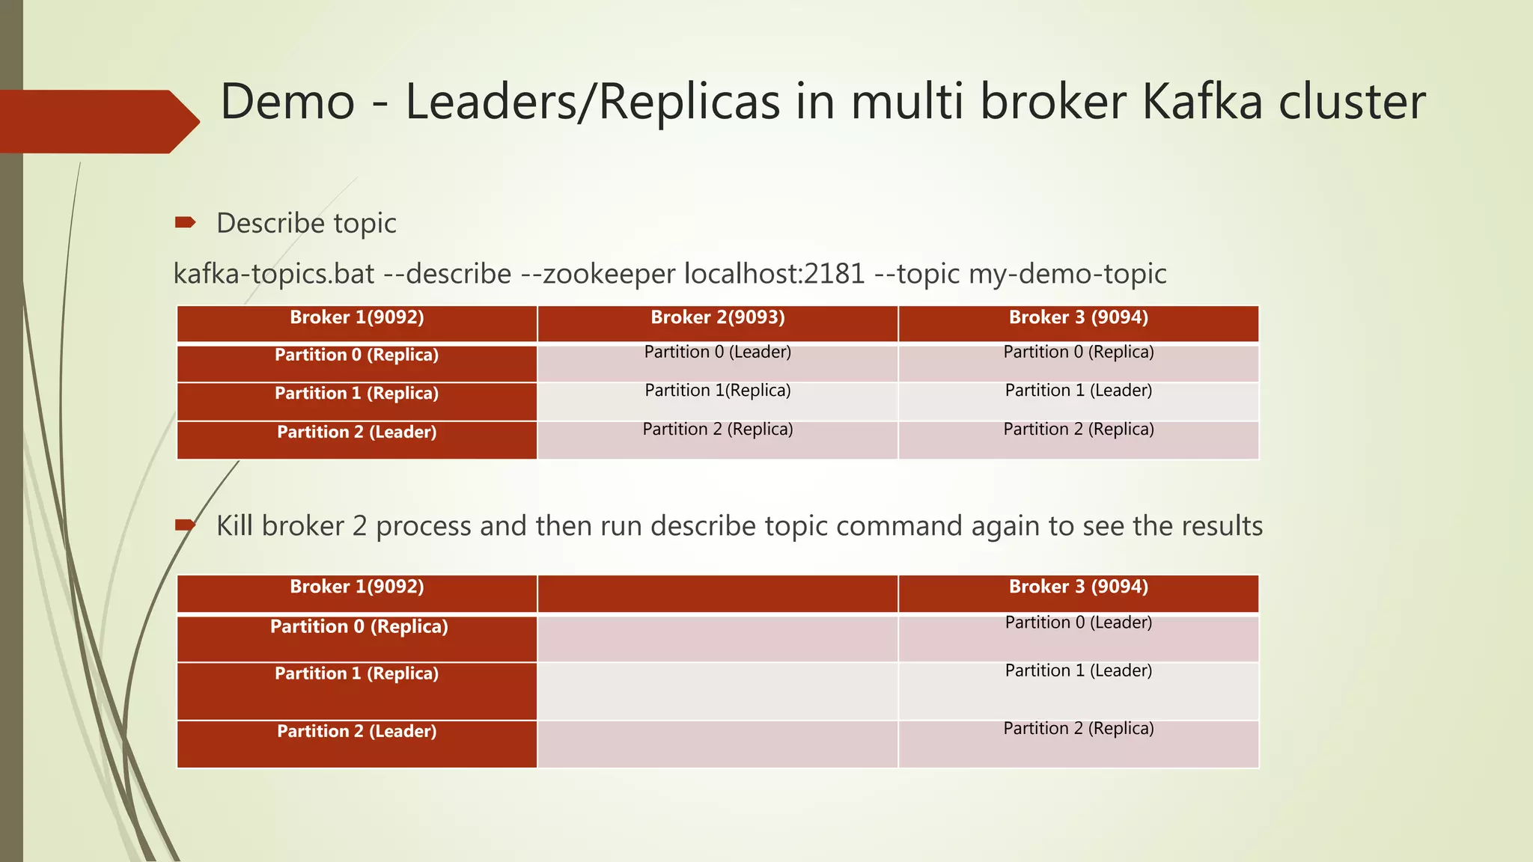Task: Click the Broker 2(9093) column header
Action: click(717, 317)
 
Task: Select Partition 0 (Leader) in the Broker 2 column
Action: click(717, 352)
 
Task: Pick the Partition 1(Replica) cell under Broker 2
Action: click(717, 391)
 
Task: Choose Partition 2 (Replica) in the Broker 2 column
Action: click(717, 430)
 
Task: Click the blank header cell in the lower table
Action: click(717, 593)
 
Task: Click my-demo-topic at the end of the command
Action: click(1067, 274)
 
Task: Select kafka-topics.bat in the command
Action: click(273, 274)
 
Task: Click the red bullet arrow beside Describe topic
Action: click(185, 222)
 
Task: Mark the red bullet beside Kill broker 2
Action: click(185, 525)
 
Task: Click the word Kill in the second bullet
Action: click(234, 525)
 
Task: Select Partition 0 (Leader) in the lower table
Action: click(1078, 623)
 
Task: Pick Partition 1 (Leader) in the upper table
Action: click(1078, 391)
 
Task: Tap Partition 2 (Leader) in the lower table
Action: click(356, 732)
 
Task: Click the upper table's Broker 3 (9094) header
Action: click(1078, 317)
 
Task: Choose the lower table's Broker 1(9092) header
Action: click(356, 587)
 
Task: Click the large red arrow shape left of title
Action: click(97, 121)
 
